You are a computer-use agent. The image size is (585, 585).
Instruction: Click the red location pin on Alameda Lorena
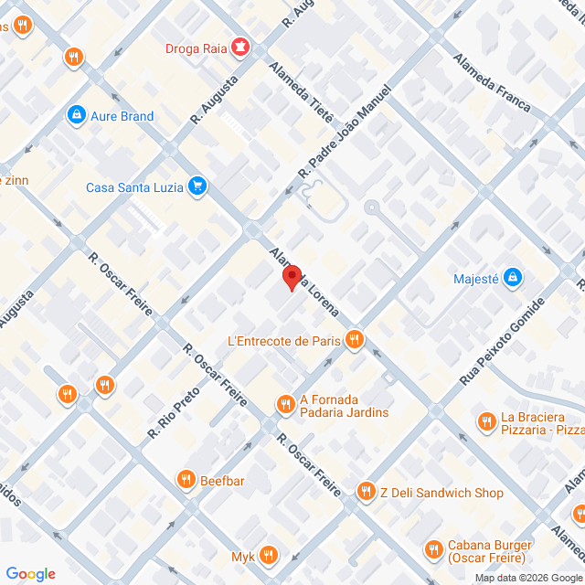291,277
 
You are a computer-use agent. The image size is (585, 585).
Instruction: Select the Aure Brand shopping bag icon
76,116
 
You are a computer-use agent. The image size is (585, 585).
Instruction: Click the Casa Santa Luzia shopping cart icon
197,187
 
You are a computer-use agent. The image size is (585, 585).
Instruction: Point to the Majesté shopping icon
513,277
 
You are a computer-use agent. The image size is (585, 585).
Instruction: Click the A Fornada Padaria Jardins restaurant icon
285,403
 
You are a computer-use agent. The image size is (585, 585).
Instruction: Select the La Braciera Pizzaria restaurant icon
486,421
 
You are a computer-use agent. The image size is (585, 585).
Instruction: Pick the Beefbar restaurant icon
186,478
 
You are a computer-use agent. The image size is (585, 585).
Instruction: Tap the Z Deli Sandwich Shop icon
367,493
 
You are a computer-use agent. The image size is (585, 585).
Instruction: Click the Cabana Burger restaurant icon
434,550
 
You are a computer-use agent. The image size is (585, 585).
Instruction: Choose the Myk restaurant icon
269,556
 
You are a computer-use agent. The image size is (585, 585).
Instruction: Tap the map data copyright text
527,578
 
